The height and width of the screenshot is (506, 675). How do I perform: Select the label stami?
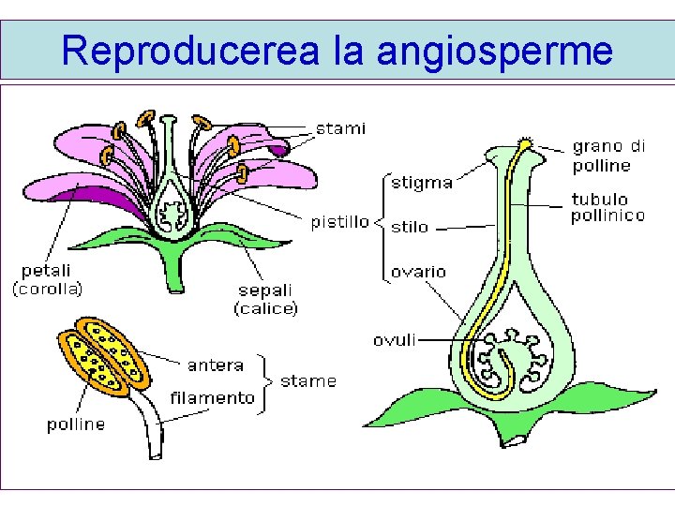coord(339,128)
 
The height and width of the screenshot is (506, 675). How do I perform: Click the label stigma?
coord(421,183)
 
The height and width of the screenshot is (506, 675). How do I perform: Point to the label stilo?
coord(409,227)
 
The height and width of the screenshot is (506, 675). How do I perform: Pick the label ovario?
coord(418,272)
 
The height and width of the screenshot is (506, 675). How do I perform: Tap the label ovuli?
coord(395,339)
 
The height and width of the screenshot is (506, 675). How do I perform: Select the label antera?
coord(216,365)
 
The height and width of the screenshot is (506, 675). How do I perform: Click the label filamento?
coord(212,397)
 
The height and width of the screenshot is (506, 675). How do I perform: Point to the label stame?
coord(307,381)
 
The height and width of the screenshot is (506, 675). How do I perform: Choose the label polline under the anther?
coord(76,424)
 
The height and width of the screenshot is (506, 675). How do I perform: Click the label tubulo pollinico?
coord(607,208)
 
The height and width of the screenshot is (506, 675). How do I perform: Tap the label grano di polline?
coord(608,156)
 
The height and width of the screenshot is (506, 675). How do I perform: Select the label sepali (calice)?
coord(265,299)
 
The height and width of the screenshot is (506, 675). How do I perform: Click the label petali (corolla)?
coord(48,280)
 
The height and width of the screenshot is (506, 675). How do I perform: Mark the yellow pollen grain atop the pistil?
coord(526,144)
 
